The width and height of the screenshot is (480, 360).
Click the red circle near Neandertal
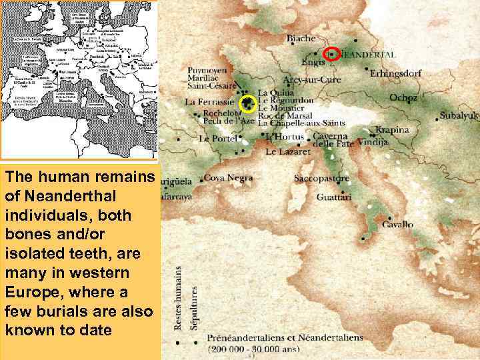pos(331,54)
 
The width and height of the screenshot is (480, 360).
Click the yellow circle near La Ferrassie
pos(248,103)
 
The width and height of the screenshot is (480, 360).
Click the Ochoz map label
pos(403,98)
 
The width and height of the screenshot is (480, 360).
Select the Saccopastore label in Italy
pos(321,179)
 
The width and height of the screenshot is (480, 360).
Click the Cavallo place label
pos(397,225)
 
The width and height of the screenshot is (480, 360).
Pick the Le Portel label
pos(217,139)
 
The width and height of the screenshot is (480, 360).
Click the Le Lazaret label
pos(288,152)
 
